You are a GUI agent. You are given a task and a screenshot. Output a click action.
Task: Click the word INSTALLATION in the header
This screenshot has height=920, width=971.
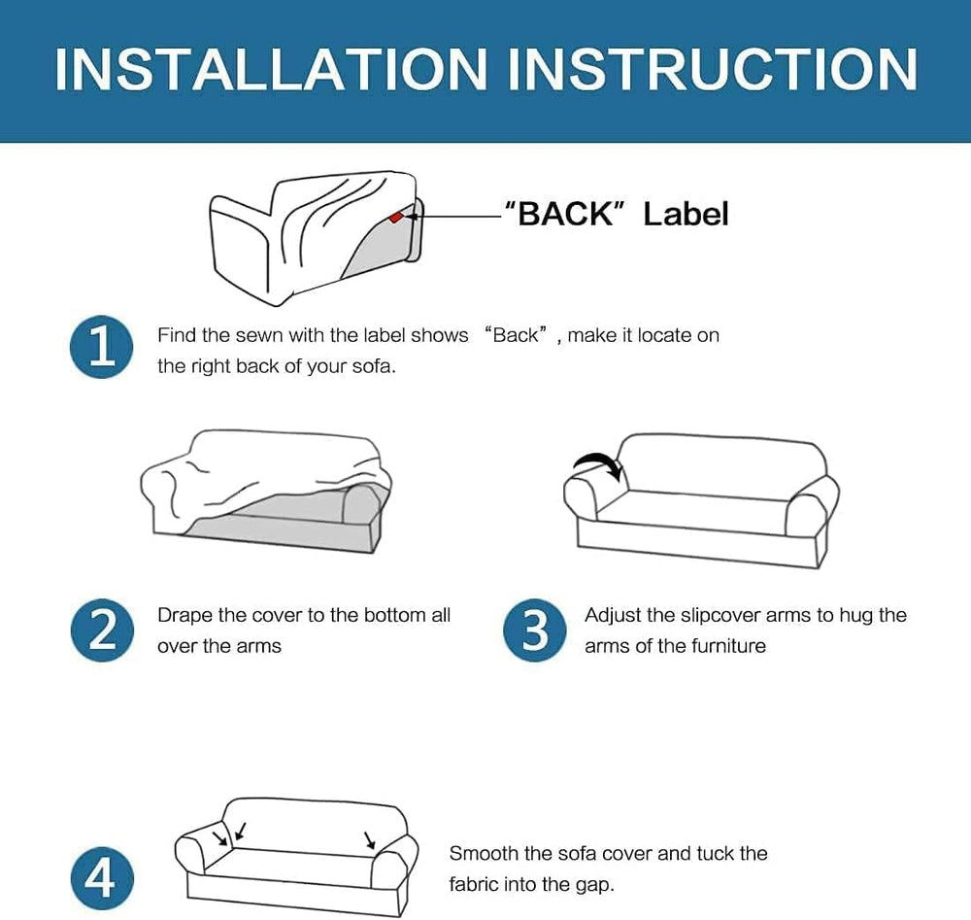point(271,69)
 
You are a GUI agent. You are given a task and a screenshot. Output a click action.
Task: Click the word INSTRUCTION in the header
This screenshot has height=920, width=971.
point(713,69)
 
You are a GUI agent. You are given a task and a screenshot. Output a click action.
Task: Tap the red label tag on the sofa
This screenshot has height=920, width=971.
point(395,217)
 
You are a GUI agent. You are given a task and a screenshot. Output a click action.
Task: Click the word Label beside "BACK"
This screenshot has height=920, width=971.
point(686,214)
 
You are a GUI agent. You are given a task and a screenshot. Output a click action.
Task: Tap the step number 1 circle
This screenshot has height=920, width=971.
point(102,347)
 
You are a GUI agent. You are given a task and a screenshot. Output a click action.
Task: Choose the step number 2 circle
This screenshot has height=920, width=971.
point(102,630)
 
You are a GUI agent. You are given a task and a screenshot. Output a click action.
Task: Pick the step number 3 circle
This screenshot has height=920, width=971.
point(534,630)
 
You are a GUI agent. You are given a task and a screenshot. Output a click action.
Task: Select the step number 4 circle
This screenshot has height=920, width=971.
point(102,878)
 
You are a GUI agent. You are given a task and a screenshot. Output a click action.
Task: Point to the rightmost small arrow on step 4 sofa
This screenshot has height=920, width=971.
point(370,839)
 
